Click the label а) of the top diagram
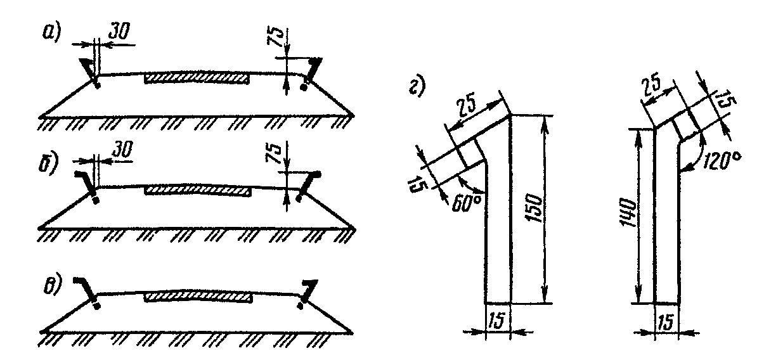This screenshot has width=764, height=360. [51, 33]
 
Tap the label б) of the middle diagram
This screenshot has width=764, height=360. [48, 165]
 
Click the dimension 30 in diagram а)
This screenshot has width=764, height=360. [119, 31]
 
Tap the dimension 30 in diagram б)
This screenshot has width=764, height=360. [122, 150]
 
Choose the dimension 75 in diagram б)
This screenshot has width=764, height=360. [275, 153]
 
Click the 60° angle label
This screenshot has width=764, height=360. [467, 204]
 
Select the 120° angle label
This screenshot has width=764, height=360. [722, 160]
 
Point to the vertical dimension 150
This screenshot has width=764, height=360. [534, 209]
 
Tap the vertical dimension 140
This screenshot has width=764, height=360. [627, 213]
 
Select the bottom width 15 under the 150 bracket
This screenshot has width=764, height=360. [496, 321]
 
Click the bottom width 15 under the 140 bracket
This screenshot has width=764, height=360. [666, 322]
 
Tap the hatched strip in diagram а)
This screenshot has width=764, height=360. [197, 78]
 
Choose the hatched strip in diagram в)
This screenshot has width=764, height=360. [198, 297]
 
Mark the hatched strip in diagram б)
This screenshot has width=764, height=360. [198, 191]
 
